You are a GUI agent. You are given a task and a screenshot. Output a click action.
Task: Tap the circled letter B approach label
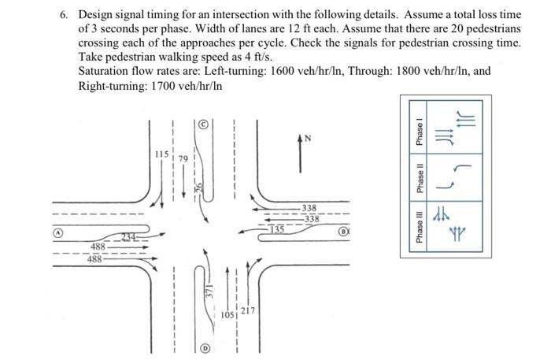coord(343,233)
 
